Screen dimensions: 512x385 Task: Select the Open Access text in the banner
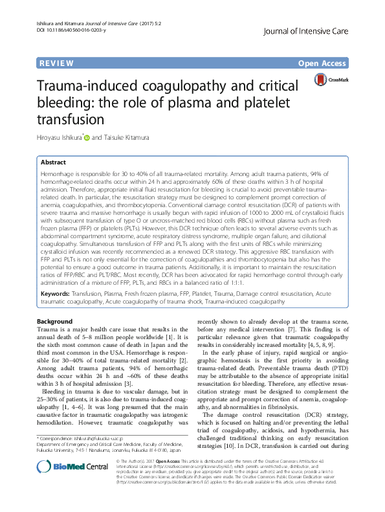327,63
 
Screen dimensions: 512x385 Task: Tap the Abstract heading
54,163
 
